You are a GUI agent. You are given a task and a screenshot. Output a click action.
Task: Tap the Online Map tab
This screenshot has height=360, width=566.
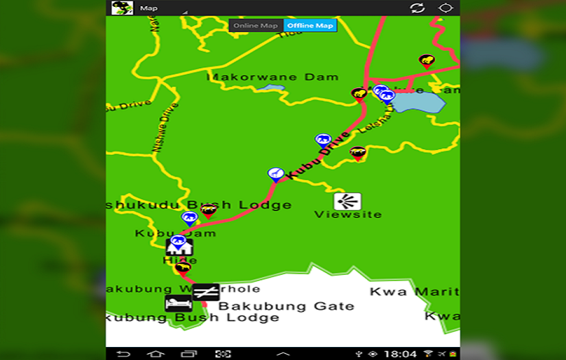[255, 26]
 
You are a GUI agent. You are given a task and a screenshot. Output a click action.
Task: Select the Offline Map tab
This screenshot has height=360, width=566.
[310, 26]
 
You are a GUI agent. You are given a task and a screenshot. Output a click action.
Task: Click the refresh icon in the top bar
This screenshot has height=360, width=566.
[417, 8]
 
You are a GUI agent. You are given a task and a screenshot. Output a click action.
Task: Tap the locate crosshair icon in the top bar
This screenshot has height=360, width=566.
[446, 8]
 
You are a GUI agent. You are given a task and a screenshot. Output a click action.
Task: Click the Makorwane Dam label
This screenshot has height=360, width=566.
[272, 77]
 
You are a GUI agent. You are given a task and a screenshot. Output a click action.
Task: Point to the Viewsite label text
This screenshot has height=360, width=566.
[347, 215]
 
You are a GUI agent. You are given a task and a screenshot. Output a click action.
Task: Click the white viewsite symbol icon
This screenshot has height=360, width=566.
[347, 201]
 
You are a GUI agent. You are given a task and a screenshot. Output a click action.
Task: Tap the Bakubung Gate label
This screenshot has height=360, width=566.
[286, 306]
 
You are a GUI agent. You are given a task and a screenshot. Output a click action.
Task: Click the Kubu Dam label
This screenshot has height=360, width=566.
[175, 233]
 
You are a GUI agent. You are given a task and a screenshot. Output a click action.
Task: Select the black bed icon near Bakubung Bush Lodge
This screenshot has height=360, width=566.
[178, 303]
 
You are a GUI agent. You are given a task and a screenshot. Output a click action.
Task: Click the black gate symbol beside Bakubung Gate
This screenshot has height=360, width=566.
[206, 292]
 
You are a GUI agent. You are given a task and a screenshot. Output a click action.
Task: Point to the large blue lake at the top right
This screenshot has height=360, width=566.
[418, 102]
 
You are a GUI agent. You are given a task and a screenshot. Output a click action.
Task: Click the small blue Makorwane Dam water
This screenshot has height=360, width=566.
[271, 88]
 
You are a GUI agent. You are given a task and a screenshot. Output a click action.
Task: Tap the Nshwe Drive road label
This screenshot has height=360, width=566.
[165, 127]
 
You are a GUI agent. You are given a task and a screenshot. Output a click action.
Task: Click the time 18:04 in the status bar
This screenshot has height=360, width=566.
[400, 354]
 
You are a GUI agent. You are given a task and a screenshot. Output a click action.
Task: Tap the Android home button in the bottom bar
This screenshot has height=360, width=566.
[156, 354]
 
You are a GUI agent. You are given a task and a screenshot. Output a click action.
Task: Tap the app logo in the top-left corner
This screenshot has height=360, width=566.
[122, 8]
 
